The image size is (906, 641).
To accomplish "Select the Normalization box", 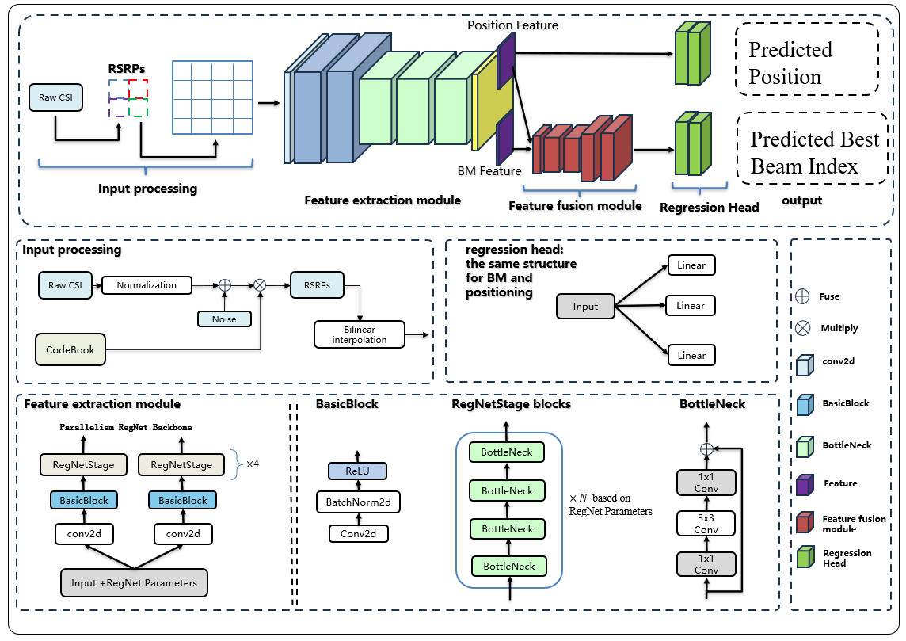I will tap(147, 285).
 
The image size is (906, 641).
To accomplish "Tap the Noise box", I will tap(224, 319).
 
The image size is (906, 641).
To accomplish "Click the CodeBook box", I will tap(70, 349).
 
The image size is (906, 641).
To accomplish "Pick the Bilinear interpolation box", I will tap(359, 334).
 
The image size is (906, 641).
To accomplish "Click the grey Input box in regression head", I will tap(585, 307).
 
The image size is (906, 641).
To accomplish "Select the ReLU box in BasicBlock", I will tap(358, 471).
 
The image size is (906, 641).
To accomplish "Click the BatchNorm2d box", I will tap(359, 502).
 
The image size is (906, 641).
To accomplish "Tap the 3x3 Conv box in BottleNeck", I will tap(706, 523).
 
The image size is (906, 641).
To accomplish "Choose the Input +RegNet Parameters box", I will tap(135, 582).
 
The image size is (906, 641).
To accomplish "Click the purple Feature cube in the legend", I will tap(805, 483).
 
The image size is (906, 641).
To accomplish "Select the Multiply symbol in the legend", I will tap(802, 328).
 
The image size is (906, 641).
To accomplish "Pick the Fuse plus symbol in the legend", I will tap(802, 296).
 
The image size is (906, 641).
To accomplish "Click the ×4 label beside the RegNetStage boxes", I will tap(253, 464).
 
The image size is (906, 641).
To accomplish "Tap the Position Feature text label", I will tap(512, 25).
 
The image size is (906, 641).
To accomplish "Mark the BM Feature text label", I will tap(489, 170).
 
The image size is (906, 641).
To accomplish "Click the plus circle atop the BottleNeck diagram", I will tap(706, 448).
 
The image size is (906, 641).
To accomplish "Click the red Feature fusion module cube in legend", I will tap(805, 523).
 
